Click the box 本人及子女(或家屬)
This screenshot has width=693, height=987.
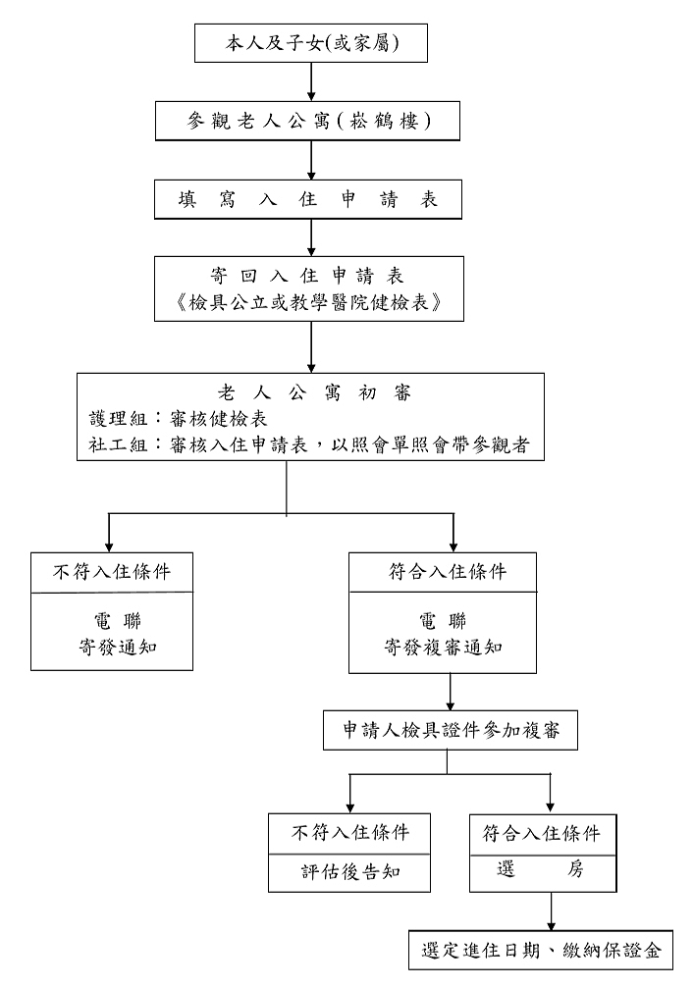click(x=311, y=42)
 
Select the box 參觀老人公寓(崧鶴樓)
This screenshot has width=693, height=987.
click(x=311, y=121)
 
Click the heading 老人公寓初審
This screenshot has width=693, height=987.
click(x=311, y=393)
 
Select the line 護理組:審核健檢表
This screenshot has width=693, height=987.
click(x=172, y=419)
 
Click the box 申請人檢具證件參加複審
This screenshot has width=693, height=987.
click(x=452, y=731)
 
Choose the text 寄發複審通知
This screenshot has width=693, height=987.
click(x=444, y=647)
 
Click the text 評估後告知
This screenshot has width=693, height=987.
click(x=349, y=872)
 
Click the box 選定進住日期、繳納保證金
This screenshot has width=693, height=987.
click(x=542, y=950)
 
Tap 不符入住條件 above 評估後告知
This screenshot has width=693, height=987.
click(x=349, y=833)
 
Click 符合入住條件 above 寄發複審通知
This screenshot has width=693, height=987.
click(x=444, y=571)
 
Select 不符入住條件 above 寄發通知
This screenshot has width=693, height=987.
click(x=112, y=571)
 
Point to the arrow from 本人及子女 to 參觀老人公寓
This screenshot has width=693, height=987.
click(x=311, y=81)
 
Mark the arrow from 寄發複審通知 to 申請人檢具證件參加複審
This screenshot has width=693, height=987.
click(x=451, y=692)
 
